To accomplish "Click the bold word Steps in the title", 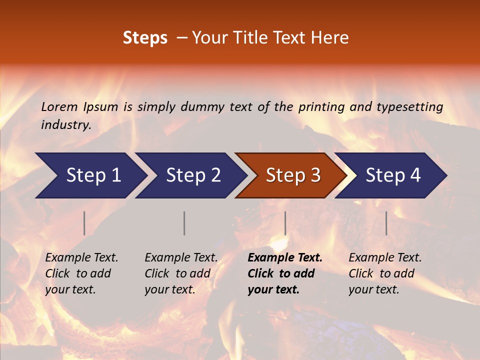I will pos(145,38).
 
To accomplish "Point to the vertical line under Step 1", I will pos(84,223).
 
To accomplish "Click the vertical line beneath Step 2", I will pos(184,223).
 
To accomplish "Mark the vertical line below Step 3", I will pos(285,223).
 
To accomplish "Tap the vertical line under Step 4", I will pos(386,223).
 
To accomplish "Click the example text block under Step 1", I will pos(81,273).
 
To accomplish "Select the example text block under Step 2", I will pos(181,273).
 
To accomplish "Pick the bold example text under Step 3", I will pos(285,273).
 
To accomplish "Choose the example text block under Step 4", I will pos(385,273).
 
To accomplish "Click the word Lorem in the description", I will pos(59,106).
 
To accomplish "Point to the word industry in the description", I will pos(65,125).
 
